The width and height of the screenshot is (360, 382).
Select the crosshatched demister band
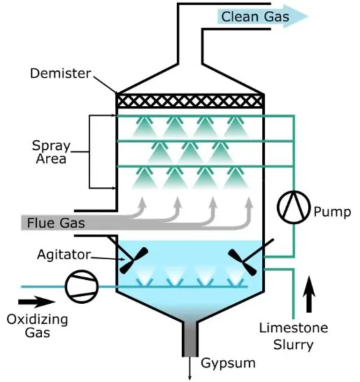[x=189, y=101]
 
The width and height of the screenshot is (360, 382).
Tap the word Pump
[x=331, y=210]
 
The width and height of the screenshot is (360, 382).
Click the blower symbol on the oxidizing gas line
[x=78, y=286]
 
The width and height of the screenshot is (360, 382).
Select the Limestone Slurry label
[x=303, y=335]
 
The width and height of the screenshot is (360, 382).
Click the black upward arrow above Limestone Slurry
[x=308, y=293]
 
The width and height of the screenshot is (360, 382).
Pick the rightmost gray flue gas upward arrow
[x=249, y=208]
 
